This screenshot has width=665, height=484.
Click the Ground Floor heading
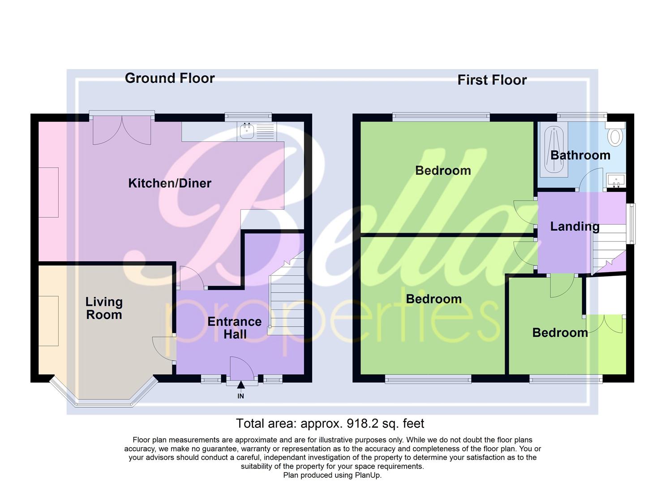point(170,78)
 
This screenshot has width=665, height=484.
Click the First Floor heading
point(492,80)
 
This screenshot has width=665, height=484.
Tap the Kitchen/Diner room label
point(170,183)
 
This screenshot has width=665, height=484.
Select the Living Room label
point(104,308)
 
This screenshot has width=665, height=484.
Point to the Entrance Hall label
point(234,328)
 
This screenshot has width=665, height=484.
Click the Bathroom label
point(580,155)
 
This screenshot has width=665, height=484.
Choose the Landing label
point(575,226)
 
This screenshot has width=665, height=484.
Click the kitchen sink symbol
point(247,131)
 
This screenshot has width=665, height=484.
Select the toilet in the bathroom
point(617,135)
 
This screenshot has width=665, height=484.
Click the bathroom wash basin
point(616,181)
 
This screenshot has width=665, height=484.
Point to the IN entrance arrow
point(241,385)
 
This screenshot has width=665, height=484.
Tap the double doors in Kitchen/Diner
point(122,131)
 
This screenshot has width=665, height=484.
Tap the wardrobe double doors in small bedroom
point(605,324)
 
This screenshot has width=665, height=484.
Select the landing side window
point(631,224)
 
